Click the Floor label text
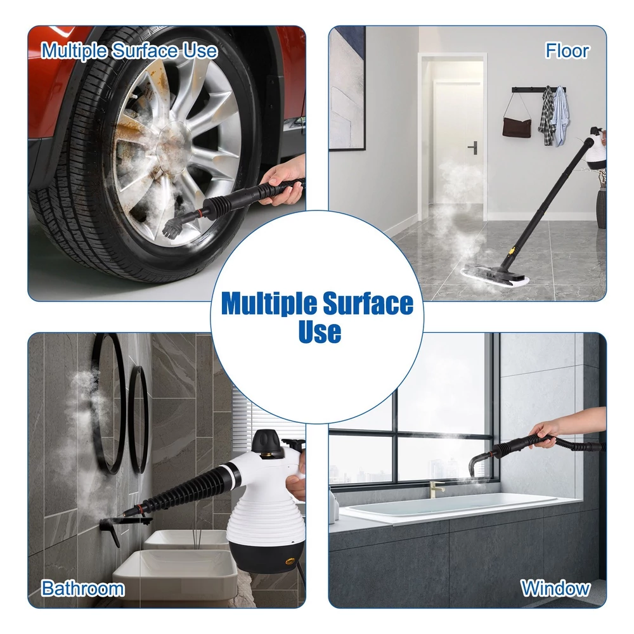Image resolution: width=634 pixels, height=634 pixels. tap(567, 51)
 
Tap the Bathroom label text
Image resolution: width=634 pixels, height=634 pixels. tap(83, 588)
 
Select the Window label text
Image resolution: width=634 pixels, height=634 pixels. tap(555, 588)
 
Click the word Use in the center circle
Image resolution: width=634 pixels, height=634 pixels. tap(320, 332)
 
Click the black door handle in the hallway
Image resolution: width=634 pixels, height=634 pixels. tap(473, 148)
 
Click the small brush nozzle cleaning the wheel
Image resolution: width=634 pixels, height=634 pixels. tap(171, 227)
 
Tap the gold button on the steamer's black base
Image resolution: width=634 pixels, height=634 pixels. tap(290, 561)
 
